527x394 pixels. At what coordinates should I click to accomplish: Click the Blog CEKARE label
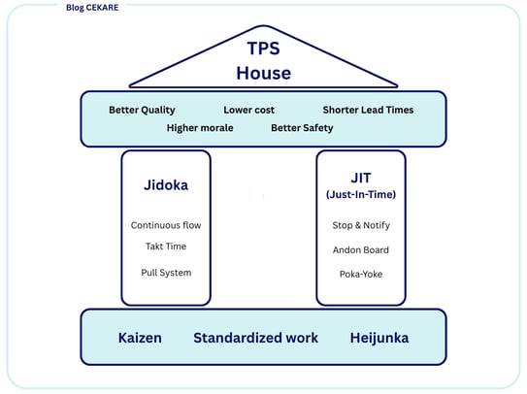pos(92,8)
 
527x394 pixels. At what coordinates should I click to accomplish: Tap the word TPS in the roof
pos(264,49)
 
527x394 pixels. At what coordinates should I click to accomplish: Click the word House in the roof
pos(264,74)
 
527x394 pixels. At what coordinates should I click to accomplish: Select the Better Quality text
pos(142,111)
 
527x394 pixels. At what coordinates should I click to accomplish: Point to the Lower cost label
pos(248,110)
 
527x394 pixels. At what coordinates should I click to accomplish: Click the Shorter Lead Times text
pos(368,110)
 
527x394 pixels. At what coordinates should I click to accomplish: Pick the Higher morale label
pos(200,128)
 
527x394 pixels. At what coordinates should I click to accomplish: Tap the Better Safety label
pos(302,128)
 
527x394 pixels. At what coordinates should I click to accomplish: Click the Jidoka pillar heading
pos(166,185)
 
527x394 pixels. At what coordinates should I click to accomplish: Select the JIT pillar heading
pos(361,178)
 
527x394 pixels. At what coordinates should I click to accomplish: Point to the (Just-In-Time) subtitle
pos(361,194)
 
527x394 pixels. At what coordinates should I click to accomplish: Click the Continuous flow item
pos(166,225)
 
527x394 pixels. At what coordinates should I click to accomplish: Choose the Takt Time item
pos(166,246)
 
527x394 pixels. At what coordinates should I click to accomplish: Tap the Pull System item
pos(166,273)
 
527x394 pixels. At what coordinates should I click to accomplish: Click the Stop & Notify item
pos(361,225)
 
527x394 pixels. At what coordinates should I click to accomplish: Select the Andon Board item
pos(361,249)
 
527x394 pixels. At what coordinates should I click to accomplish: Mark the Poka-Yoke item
pos(361,274)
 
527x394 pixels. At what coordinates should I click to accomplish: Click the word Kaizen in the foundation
pos(140,338)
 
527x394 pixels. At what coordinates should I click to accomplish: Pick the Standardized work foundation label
pos(256,338)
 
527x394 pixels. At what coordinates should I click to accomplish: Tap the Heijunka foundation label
pos(379,338)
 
